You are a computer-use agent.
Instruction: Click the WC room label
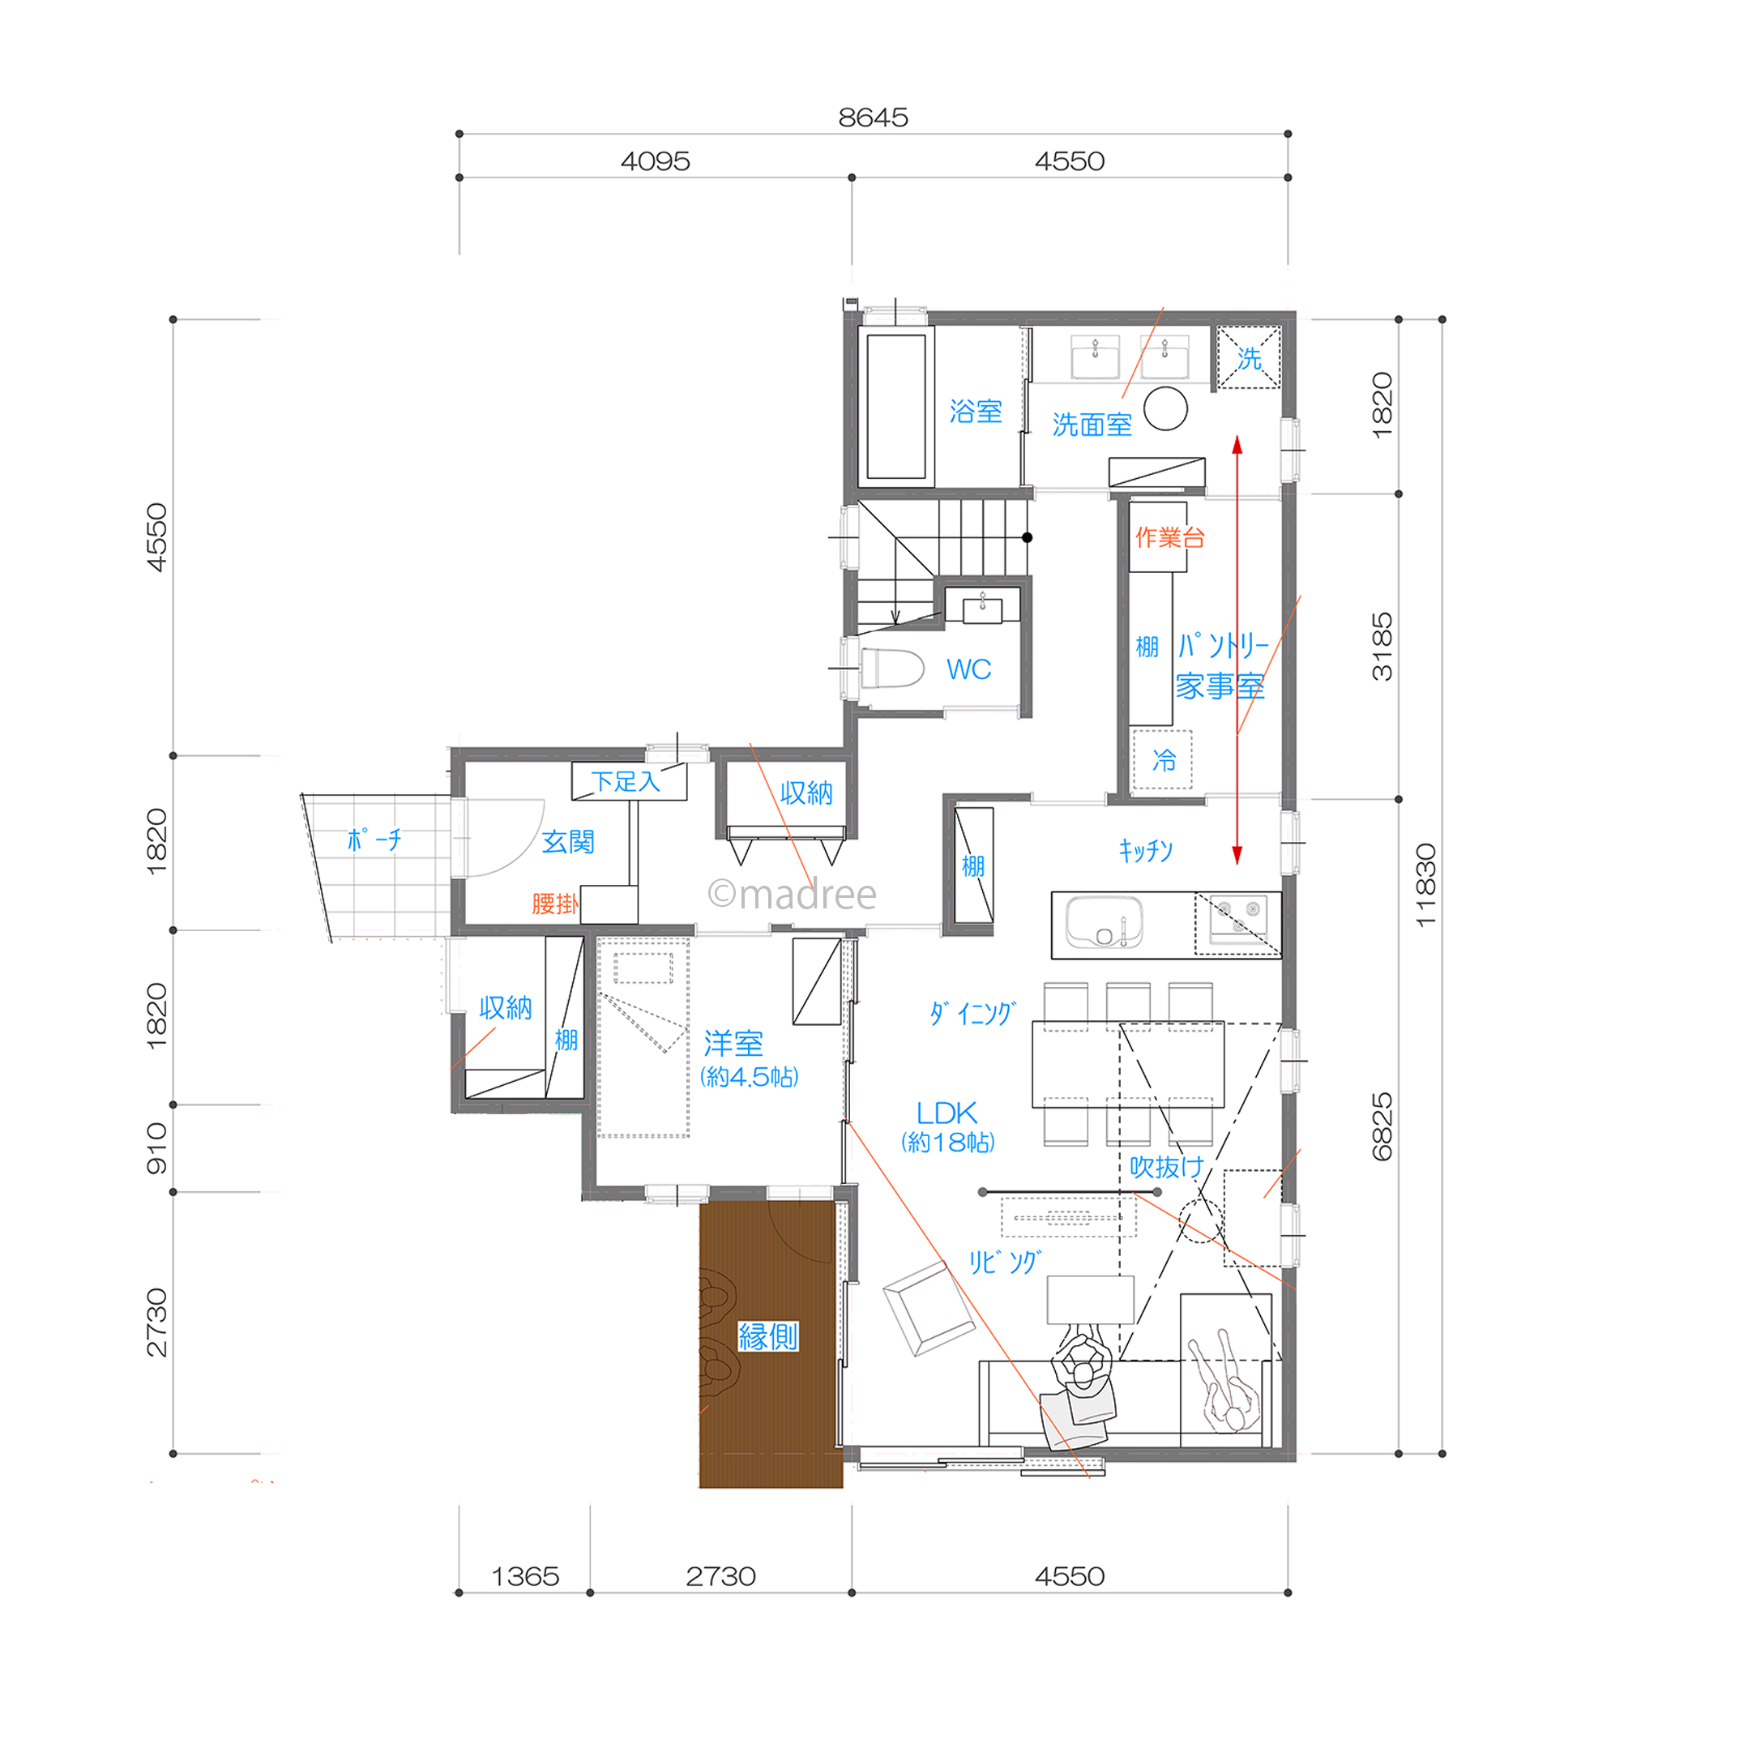coord(968,669)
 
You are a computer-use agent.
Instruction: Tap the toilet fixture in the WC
coord(891,669)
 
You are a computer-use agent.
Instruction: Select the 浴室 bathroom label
coord(976,412)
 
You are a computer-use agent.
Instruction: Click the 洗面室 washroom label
coord(1092,425)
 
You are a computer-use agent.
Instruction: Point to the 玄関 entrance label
coord(569,841)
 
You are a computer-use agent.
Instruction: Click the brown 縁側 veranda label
coord(768,1335)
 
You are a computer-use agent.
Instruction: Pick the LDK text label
coord(946,1113)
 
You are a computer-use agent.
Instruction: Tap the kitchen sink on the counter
coord(1104,922)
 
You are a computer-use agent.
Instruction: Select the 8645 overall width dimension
coord(873,117)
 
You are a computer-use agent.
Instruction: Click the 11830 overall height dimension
coord(1425,885)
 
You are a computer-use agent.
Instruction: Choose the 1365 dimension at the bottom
coord(525,1576)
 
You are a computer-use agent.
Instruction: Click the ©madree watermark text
coord(792,894)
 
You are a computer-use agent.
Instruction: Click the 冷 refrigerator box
coord(1163,760)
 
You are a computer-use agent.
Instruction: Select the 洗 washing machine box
coord(1249,358)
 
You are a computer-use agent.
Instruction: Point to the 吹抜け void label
coord(1166,1167)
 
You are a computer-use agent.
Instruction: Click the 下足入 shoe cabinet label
coord(626,781)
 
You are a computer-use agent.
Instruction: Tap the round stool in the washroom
coord(1165,409)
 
